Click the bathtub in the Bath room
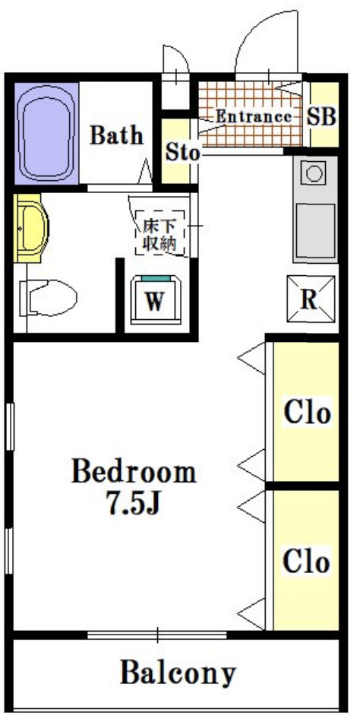[46, 133]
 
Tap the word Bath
[116, 135]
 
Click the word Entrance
[254, 116]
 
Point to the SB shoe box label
[322, 116]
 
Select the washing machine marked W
[156, 300]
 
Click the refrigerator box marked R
[310, 299]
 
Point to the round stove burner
[314, 174]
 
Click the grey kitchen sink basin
[316, 231]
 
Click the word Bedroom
[134, 472]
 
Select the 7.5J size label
[133, 502]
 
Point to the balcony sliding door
[157, 635]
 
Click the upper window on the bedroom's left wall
[10, 426]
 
